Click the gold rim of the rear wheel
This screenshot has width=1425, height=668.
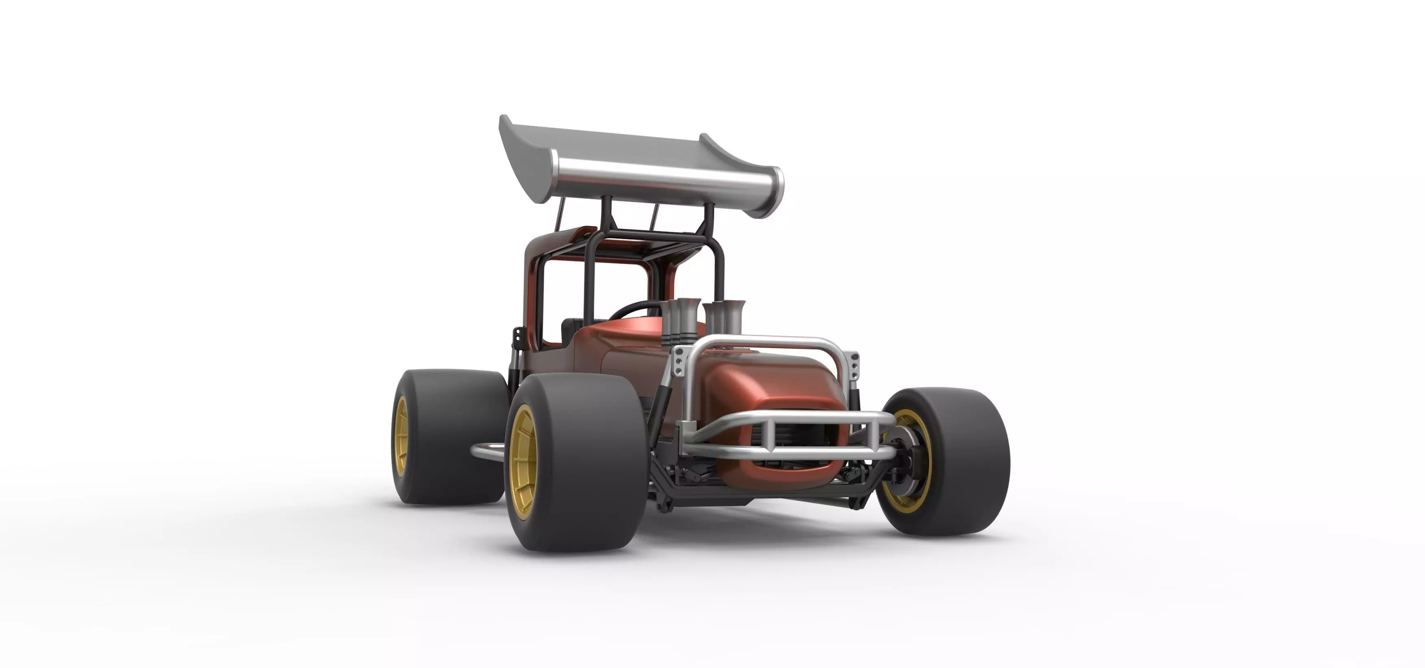[x=401, y=437]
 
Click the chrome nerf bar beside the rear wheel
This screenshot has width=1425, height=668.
[x=487, y=451]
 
